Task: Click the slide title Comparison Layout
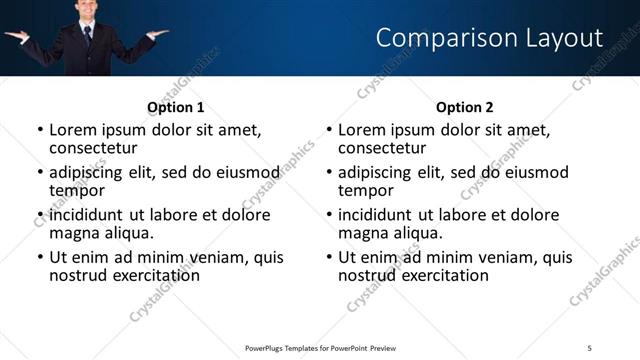tap(489, 38)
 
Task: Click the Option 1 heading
tap(176, 107)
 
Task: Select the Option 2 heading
tap(465, 107)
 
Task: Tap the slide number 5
tap(590, 347)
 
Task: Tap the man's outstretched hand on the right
tap(157, 34)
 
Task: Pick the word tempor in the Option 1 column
tap(77, 190)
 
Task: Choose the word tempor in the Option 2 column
tap(366, 190)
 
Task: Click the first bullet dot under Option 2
tap(329, 131)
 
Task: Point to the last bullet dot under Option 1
tap(40, 258)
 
